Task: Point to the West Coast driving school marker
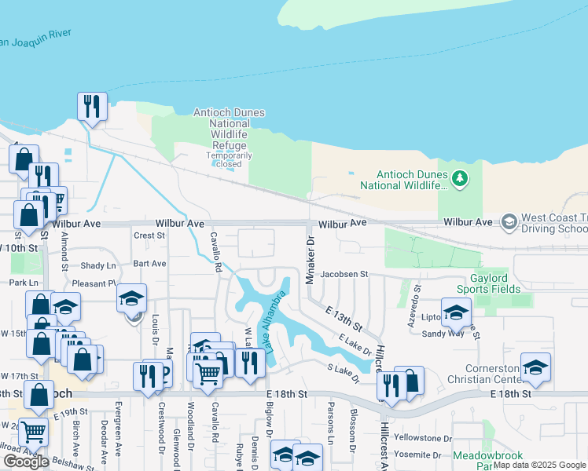(509, 222)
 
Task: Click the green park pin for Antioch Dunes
(461, 180)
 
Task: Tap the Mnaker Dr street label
(310, 252)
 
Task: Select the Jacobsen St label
(344, 274)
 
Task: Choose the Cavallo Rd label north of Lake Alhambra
(213, 250)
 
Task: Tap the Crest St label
(149, 235)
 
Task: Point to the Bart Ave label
(149, 264)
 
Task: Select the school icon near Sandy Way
(456, 312)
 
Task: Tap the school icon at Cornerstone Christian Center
(535, 367)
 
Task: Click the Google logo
(26, 462)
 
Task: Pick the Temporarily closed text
(230, 159)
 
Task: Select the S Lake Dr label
(343, 373)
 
